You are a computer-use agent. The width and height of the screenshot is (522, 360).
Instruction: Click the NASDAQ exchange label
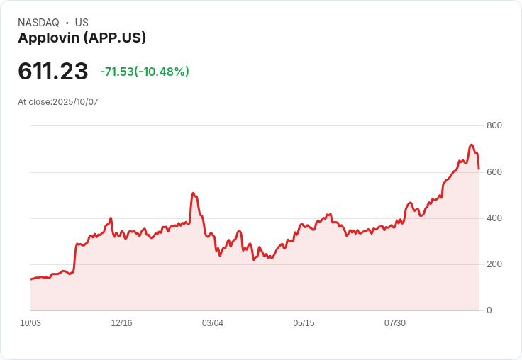tap(38, 23)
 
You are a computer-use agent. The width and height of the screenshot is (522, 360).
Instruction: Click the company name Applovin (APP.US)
tap(82, 38)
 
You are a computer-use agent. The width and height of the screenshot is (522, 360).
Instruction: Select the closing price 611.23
tap(53, 72)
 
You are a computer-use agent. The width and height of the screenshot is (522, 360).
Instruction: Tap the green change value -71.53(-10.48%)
tap(145, 72)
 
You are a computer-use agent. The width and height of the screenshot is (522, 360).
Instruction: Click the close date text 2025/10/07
tap(76, 102)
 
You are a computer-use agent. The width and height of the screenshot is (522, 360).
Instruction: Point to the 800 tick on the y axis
tap(494, 125)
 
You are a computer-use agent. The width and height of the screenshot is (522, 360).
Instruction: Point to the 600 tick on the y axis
tap(494, 171)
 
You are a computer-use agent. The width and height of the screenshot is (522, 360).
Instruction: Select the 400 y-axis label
tap(494, 218)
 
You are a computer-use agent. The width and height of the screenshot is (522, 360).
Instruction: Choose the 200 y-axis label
tap(494, 264)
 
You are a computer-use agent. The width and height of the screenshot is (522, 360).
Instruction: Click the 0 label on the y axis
tap(489, 310)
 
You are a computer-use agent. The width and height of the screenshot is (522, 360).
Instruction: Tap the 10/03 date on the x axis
tap(30, 323)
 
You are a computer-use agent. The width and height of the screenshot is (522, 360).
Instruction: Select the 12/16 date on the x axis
tap(121, 323)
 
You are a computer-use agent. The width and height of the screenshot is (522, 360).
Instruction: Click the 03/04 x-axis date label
tap(213, 323)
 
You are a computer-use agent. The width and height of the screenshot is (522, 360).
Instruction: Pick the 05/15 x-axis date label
tap(304, 323)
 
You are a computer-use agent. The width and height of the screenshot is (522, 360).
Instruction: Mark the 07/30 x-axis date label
tap(395, 323)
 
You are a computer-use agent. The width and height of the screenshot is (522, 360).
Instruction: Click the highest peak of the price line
tap(472, 145)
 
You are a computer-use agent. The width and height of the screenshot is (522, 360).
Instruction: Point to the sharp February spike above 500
tap(193, 193)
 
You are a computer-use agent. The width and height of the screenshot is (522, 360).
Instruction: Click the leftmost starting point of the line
tap(30, 279)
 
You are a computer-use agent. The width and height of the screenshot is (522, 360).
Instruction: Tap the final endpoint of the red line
tap(479, 169)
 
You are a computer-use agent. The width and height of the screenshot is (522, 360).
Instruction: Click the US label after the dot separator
tap(82, 23)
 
